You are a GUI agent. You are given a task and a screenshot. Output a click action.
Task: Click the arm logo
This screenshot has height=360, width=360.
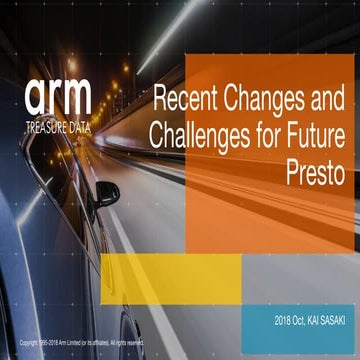click(57, 96)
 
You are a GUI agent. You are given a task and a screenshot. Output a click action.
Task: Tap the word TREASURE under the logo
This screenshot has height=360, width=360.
click(45, 127)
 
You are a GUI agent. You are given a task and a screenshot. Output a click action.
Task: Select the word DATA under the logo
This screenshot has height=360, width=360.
click(79, 127)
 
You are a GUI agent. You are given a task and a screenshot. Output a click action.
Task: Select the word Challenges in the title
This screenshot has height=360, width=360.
click(198, 136)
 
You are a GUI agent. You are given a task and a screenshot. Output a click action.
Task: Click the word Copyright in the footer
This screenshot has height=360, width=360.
click(31, 342)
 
